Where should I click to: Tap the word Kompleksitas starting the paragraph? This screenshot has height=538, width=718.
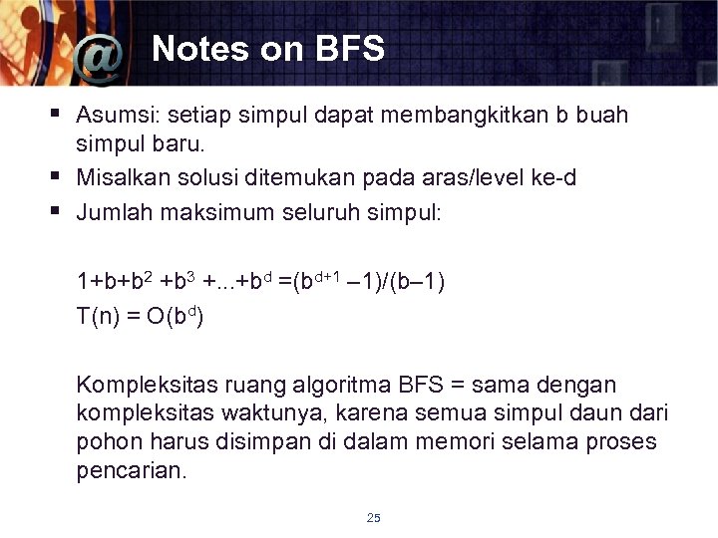pos(144,385)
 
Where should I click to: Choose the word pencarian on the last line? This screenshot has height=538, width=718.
pos(130,470)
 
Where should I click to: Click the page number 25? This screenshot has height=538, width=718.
pos(374,517)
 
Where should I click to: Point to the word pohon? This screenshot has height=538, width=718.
pos(105,441)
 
